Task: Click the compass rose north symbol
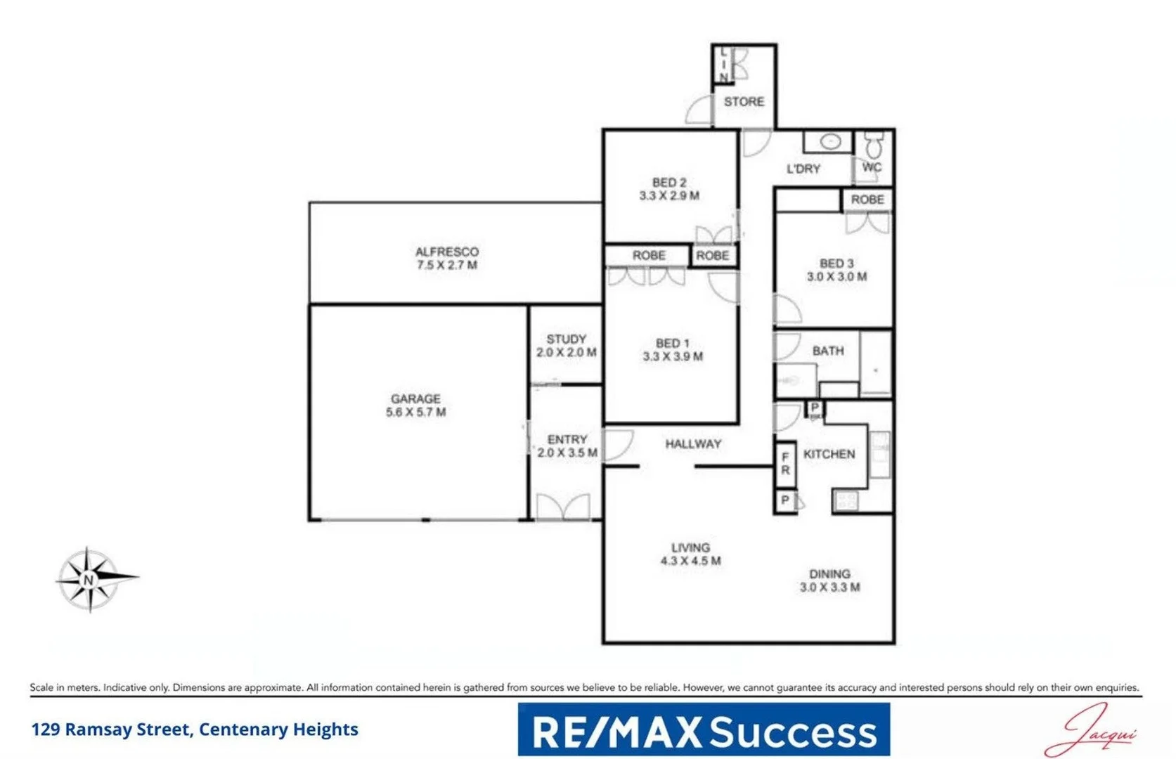pos(89,580)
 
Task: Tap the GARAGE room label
pos(415,399)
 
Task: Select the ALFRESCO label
pos(447,252)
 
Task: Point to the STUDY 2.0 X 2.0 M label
pos(567,346)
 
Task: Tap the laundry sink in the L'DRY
pos(830,142)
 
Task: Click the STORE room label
pos(744,102)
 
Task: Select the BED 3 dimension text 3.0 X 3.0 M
pos(836,277)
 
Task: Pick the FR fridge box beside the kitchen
pos(785,464)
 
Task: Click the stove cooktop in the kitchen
pos(846,501)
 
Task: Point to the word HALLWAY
pos(693,444)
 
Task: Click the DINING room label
pos(829,574)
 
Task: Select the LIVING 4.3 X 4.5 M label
pos(690,554)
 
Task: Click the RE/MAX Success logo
pos(704,730)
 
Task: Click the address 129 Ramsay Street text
pos(195,729)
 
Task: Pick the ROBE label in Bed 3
pos(867,200)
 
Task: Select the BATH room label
pos(828,351)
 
